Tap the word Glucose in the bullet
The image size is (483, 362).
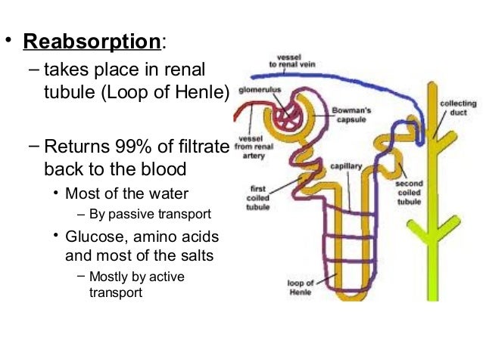[90, 238]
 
